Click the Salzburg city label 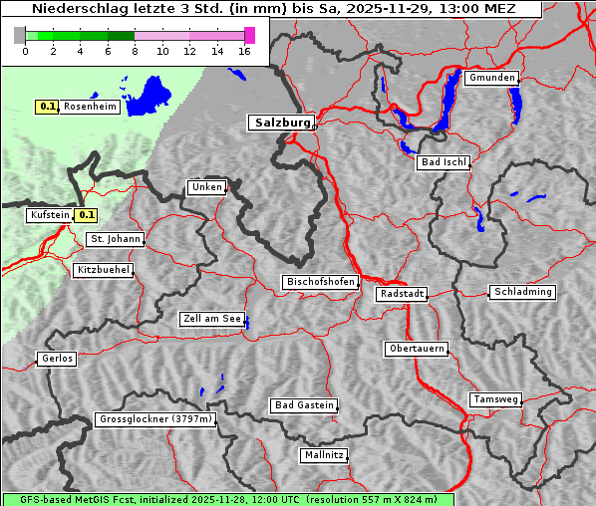pos(280,123)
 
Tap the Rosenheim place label pos(90,107)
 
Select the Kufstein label pos(49,215)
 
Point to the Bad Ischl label pos(443,162)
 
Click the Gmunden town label pos(490,78)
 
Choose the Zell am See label pos(211,320)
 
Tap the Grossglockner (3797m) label pos(155,420)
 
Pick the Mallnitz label pos(324,455)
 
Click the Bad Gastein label pos(303,405)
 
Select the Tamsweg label pos(495,399)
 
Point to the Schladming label pos(521,292)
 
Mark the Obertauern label pos(416,349)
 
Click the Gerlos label pos(56,359)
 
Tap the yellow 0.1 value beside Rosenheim pos(47,107)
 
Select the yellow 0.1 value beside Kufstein pos(87,214)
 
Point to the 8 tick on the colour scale pos(135,51)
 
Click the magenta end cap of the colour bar pos(249,35)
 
